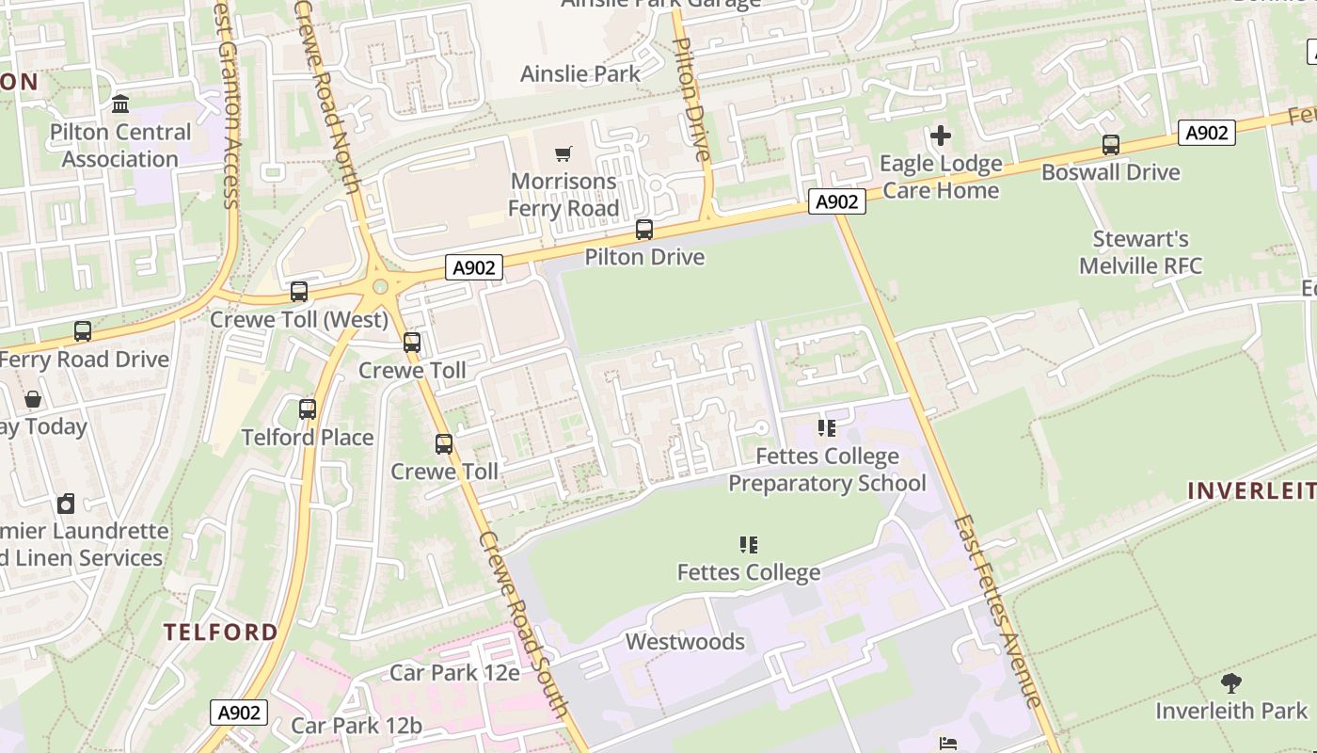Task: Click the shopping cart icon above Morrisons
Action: [x=563, y=153]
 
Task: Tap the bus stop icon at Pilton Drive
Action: [x=644, y=229]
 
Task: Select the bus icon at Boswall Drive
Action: [x=1111, y=145]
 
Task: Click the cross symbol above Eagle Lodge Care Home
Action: [x=940, y=136]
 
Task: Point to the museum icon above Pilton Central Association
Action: [x=120, y=104]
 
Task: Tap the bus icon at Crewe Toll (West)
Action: [x=299, y=292]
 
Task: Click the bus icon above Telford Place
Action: [x=308, y=409]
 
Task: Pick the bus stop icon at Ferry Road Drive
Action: [x=83, y=331]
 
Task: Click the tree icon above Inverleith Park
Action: [x=1230, y=683]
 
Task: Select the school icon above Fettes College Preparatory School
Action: [x=827, y=428]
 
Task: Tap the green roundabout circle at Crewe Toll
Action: [x=380, y=287]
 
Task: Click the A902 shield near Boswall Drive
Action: [x=1206, y=134]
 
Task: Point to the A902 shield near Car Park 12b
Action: [x=238, y=713]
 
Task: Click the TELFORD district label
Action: [x=221, y=632]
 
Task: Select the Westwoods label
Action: [x=685, y=642]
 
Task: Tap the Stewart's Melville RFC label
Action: [x=1140, y=252]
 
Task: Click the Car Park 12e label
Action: [x=454, y=673]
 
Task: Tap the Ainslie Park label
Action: [x=580, y=73]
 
